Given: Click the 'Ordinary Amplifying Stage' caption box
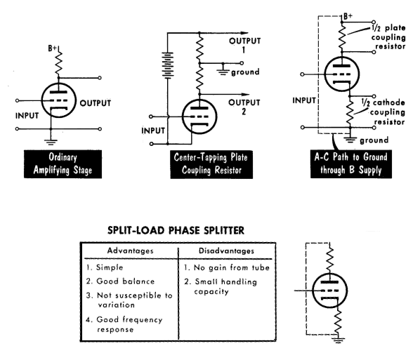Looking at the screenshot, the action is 63,164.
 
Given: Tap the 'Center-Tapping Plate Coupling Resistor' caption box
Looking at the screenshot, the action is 211,164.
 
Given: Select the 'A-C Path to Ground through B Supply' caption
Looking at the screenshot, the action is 351,164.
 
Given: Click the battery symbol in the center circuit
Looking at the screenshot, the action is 167,65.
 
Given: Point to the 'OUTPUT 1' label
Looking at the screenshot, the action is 244,45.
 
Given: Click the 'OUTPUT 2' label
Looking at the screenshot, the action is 244,107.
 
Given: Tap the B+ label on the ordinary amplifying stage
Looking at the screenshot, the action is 53,48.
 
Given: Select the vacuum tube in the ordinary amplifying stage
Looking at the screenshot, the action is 59,100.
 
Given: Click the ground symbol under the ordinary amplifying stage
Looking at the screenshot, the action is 51,142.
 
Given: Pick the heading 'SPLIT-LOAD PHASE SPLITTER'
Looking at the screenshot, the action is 176,230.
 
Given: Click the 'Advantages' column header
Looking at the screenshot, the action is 130,251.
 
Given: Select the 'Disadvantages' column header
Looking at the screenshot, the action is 226,251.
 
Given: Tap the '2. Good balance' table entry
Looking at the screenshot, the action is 120,281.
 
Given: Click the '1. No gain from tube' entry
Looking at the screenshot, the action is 227,267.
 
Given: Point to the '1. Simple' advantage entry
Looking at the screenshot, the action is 105,267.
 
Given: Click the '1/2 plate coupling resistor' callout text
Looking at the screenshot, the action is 388,37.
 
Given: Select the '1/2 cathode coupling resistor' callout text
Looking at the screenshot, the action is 383,112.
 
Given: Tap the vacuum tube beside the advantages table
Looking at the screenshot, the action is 330,291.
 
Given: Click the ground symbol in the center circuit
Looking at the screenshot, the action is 223,70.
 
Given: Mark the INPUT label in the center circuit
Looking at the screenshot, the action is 153,131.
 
